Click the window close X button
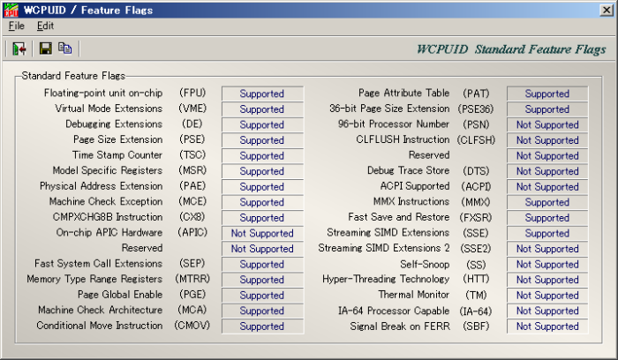click(x=607, y=10)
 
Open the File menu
click(x=17, y=26)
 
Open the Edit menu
click(x=45, y=26)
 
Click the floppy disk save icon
click(x=45, y=49)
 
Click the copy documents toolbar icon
click(x=65, y=48)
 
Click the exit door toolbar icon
click(x=19, y=49)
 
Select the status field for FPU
click(x=262, y=94)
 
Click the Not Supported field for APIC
click(x=262, y=233)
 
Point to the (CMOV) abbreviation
click(x=192, y=326)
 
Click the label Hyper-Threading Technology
click(x=386, y=279)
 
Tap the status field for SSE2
click(x=547, y=249)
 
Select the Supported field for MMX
click(x=547, y=202)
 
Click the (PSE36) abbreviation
click(x=476, y=109)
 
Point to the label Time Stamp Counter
click(x=117, y=154)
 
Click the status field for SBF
click(x=547, y=326)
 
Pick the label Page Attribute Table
click(x=404, y=93)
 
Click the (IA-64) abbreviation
click(x=476, y=311)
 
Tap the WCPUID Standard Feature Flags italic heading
click(x=511, y=49)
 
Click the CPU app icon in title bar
click(x=11, y=10)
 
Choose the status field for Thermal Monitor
click(x=547, y=296)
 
